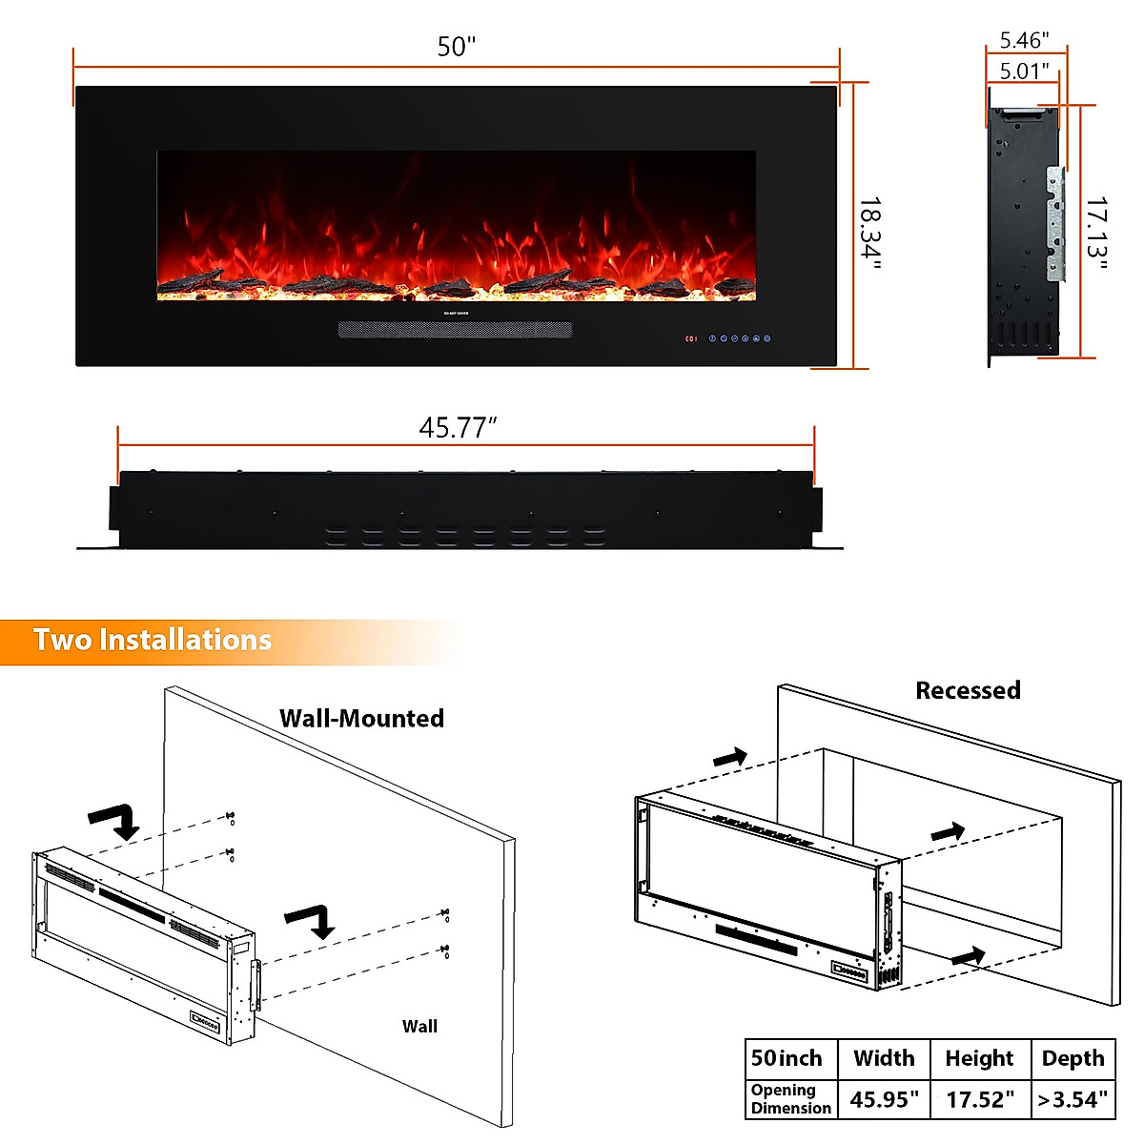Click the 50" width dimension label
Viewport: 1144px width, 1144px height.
coord(456,47)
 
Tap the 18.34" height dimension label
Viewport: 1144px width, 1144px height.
coord(869,233)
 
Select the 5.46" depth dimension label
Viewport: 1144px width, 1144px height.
coord(1024,40)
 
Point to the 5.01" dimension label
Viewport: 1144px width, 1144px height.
coord(1024,71)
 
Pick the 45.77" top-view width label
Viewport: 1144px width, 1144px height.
coord(459,428)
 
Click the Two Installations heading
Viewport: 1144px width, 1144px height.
coord(153,640)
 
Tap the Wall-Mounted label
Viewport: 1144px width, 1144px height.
coord(361,718)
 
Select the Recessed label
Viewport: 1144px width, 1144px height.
coord(968,690)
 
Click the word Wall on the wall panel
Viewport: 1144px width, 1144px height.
coord(419,1026)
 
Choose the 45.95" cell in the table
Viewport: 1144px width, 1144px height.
coord(884,1099)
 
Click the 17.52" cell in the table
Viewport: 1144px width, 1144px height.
coord(980,1099)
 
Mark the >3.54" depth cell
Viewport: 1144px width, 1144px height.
coord(1073,1099)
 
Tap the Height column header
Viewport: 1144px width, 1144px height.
coord(979,1058)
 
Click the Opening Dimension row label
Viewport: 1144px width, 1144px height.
coord(790,1099)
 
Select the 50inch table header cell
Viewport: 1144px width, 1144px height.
coord(786,1058)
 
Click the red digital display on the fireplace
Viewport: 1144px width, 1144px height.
coord(690,338)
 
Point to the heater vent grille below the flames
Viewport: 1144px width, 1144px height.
coord(456,330)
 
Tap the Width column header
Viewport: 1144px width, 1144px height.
coord(884,1058)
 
